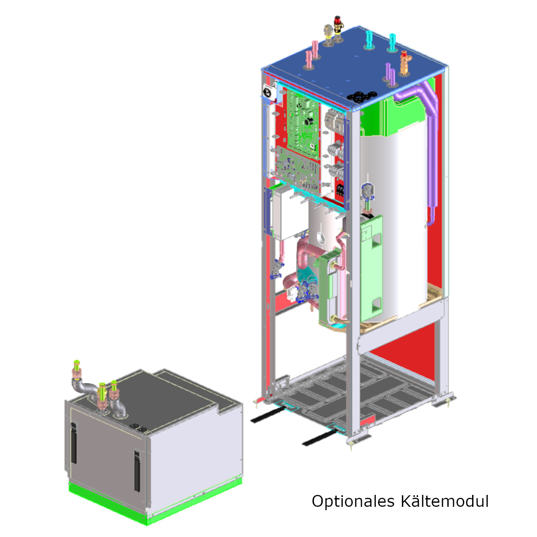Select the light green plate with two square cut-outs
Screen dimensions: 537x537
click(371, 268)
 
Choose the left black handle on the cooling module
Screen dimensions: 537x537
click(74, 442)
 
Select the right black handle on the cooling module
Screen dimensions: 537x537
click(137, 471)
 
